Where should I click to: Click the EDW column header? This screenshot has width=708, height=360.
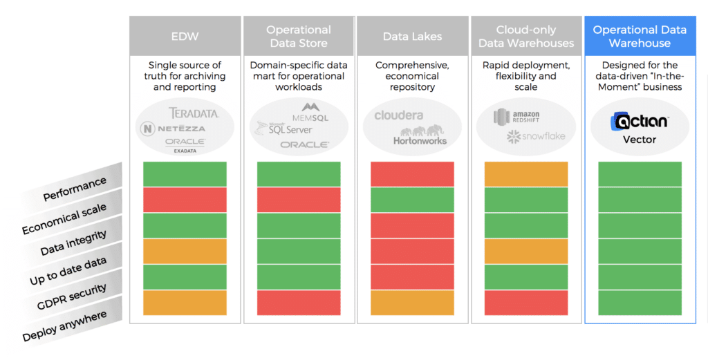pyautogui.click(x=185, y=36)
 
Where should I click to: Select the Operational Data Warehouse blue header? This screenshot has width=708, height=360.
pyautogui.click(x=640, y=36)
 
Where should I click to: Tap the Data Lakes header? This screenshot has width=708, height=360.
pyautogui.click(x=412, y=36)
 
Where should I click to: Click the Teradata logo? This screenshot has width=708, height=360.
pyautogui.click(x=194, y=113)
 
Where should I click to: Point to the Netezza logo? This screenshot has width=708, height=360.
pyautogui.click(x=172, y=129)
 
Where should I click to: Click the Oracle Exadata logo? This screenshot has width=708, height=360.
pyautogui.click(x=185, y=145)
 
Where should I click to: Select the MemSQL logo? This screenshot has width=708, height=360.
pyautogui.click(x=310, y=113)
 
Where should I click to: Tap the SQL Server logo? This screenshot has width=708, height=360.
pyautogui.click(x=284, y=129)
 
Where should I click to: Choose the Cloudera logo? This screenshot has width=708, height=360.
pyautogui.click(x=399, y=115)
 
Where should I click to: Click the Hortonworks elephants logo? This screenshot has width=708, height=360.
pyautogui.click(x=420, y=135)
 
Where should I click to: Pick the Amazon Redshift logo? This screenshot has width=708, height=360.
pyautogui.click(x=516, y=117)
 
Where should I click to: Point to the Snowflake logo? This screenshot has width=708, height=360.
pyautogui.click(x=536, y=136)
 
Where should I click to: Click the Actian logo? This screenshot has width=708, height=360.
pyautogui.click(x=640, y=122)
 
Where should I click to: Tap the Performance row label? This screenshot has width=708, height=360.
pyautogui.click(x=75, y=189)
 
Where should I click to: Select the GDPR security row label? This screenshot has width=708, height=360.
pyautogui.click(x=72, y=296)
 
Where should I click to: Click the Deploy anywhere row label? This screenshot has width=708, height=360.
pyautogui.click(x=64, y=325)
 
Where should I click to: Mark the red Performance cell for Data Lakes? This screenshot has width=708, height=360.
pyautogui.click(x=412, y=174)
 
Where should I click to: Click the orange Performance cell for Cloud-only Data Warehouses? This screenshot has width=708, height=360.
pyautogui.click(x=526, y=174)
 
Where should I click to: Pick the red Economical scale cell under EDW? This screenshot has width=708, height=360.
pyautogui.click(x=185, y=200)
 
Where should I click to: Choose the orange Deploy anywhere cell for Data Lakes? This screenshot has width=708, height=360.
pyautogui.click(x=412, y=303)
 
